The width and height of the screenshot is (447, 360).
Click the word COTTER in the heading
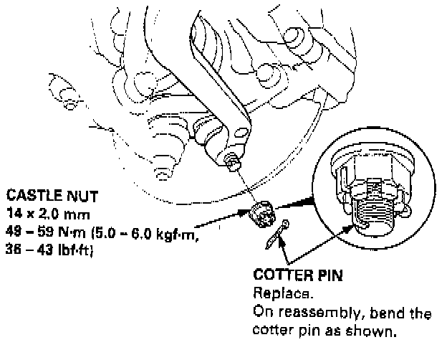[x=279, y=275]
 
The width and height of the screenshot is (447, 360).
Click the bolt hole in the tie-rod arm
[x=241, y=131]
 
